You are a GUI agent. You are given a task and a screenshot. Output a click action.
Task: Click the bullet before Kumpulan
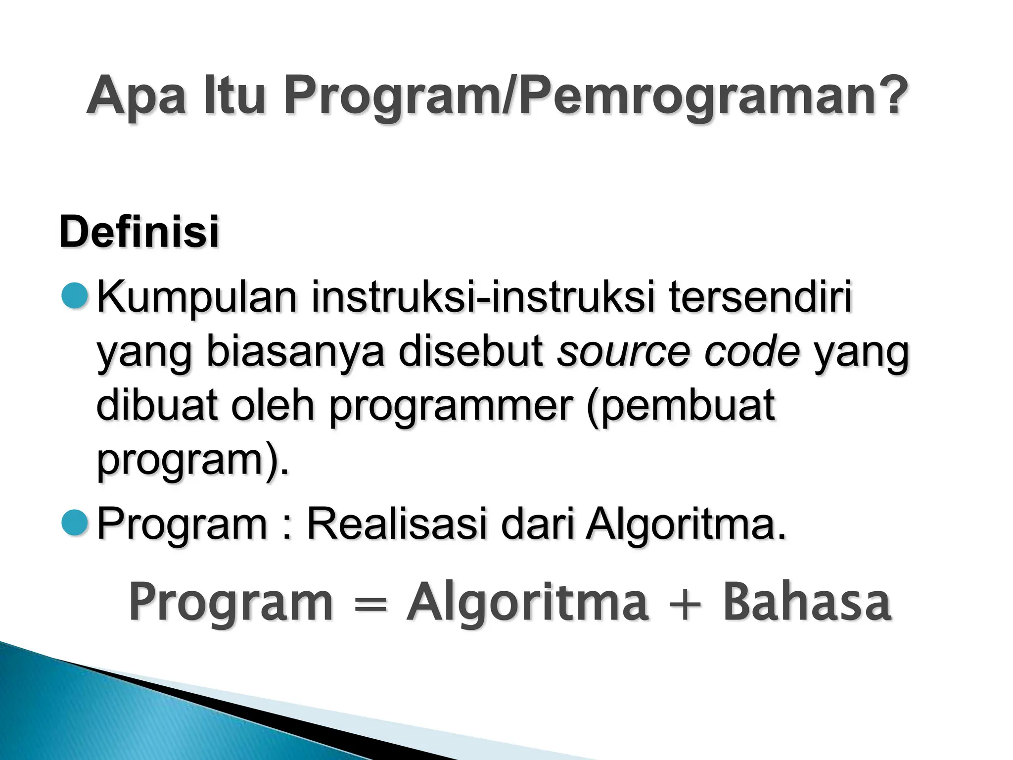[x=75, y=295]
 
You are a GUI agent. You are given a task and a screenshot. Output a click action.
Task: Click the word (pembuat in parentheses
[x=681, y=407]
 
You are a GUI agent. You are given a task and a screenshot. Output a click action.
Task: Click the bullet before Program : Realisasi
[x=75, y=524]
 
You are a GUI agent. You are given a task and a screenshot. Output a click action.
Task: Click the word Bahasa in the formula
[x=807, y=603]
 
